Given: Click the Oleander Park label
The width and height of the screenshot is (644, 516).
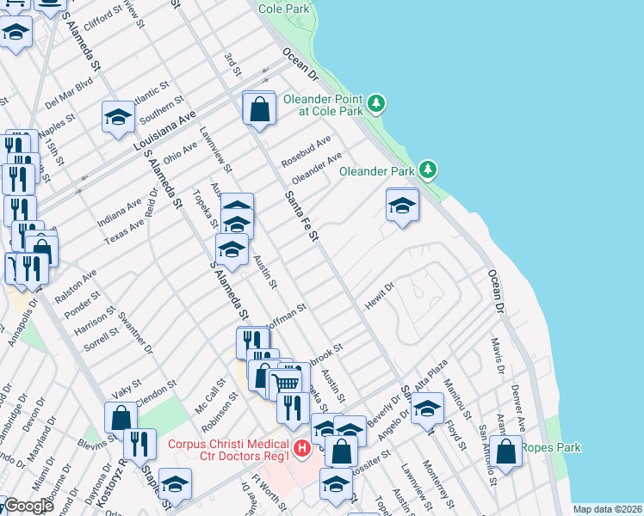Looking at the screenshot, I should point(376,171).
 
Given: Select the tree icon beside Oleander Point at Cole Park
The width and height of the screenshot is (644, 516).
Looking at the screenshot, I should point(375,104).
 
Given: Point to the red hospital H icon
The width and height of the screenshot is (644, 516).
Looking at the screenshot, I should point(301,448).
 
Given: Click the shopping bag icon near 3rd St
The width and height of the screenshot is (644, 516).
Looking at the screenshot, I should point(258,109).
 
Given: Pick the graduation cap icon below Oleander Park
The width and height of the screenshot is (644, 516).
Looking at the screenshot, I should point(402,206).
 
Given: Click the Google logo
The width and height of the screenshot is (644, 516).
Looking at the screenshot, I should point(28,506).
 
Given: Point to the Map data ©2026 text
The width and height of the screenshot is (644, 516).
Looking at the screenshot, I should point(606,509).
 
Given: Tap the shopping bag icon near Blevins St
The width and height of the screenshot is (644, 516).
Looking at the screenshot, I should point(121,418).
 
